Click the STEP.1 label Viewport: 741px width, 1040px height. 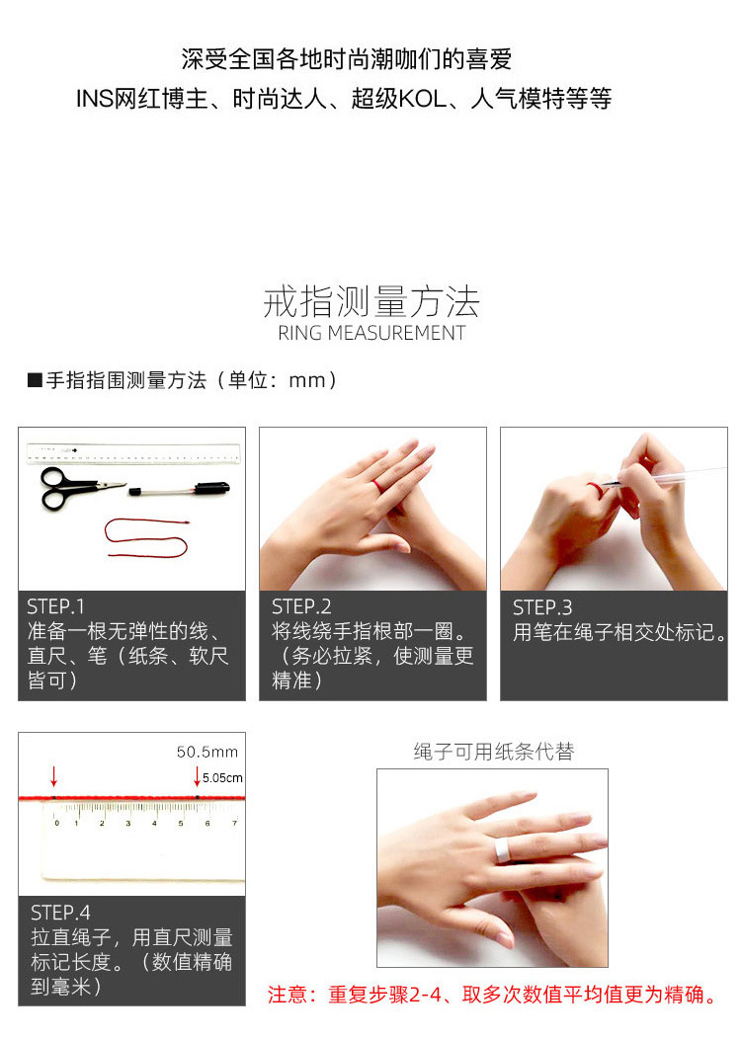coord(56,606)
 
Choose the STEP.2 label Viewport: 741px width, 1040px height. coord(301,606)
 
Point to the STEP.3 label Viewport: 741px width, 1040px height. coord(542,606)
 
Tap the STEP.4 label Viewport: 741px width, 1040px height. coord(60,912)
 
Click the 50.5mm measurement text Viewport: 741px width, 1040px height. coord(207,752)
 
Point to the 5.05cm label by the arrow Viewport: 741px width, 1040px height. coord(222,777)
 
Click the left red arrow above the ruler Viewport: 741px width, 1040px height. coord(54,775)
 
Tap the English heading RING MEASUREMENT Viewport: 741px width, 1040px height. coord(370,333)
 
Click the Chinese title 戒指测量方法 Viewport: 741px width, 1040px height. coord(370,300)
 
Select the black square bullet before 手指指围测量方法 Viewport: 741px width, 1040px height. coord(34,380)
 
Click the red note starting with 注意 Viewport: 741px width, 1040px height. coord(493,995)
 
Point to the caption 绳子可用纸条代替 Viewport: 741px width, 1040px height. coord(493,752)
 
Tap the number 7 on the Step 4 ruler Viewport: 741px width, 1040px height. coord(234,822)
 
